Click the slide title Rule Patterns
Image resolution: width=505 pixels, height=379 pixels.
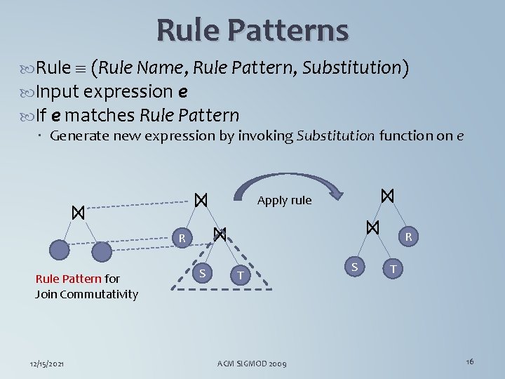coord(252,30)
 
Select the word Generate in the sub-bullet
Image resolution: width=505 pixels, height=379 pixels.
coord(78,135)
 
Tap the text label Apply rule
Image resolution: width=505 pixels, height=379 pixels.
coord(284,200)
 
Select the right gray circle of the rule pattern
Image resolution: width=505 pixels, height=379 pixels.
coord(102,252)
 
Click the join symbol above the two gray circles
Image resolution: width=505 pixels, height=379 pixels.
coord(78,212)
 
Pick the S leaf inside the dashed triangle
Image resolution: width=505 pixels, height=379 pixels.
coord(201,272)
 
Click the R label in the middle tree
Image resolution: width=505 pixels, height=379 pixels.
coord(181,239)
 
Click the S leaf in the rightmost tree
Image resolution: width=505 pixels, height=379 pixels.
coord(354,266)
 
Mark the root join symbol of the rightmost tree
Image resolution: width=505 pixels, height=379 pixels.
coord(386,196)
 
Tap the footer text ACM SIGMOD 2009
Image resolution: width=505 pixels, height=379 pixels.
coord(252,362)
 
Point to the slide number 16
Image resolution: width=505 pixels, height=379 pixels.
coord(469,361)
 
